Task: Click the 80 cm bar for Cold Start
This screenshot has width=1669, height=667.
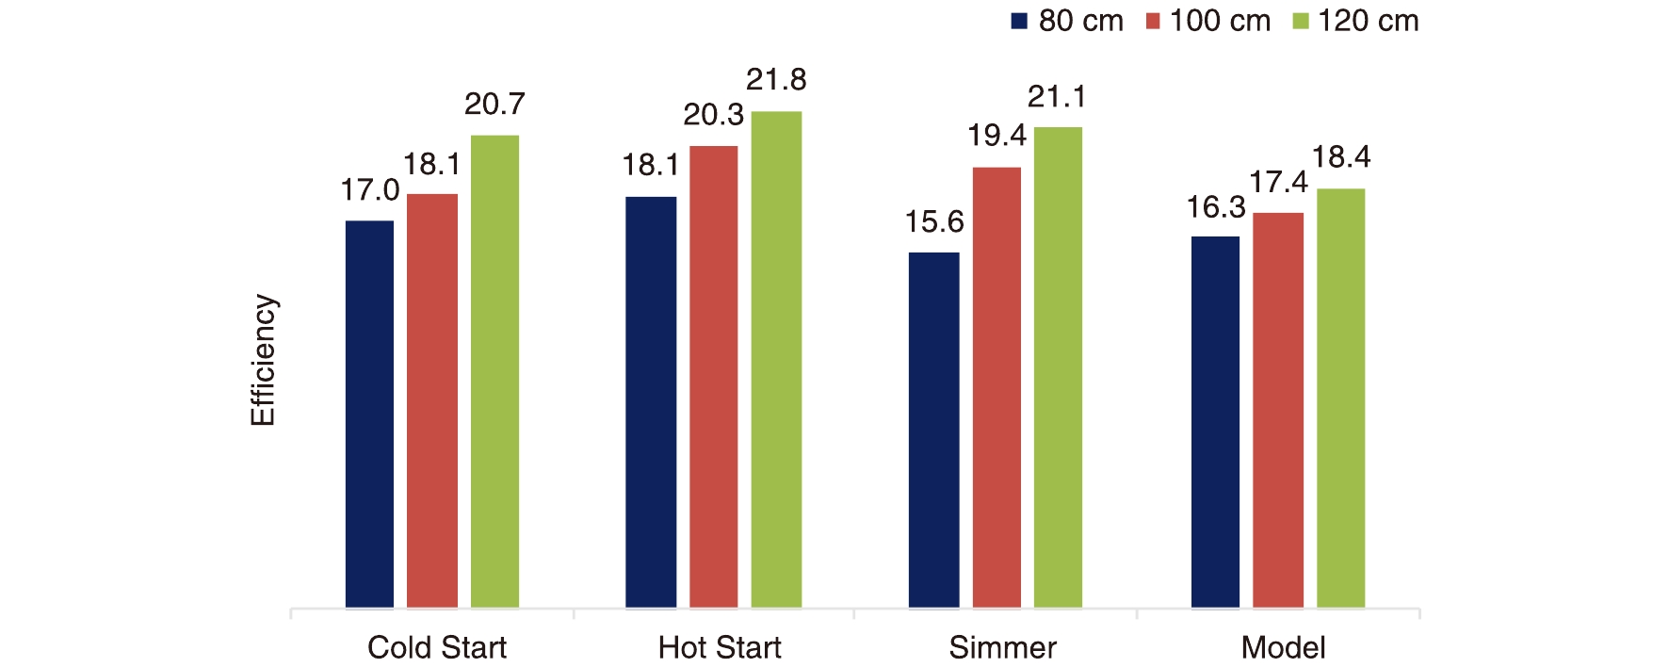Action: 369,415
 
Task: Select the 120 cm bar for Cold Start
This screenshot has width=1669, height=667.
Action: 494,371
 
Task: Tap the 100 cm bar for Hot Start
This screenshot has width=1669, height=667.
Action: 713,377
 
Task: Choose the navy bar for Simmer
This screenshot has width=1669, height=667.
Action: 933,430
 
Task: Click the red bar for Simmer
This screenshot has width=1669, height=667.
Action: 997,387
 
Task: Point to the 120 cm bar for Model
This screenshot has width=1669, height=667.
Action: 1340,398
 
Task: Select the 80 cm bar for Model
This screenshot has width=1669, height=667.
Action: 1215,422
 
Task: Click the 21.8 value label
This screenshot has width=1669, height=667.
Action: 776,80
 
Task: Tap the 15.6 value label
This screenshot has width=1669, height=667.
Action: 934,222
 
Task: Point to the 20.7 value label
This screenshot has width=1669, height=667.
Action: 494,104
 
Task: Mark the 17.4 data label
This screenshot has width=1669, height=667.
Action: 1278,182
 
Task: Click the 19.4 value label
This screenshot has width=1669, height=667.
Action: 997,137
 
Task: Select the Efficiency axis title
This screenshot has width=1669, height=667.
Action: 263,361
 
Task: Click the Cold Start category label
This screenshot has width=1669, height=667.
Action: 437,647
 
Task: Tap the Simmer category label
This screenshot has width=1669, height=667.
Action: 1002,647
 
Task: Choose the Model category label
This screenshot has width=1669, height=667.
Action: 1283,647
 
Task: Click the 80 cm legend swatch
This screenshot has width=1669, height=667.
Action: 1019,22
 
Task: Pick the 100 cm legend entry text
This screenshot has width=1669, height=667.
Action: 1220,21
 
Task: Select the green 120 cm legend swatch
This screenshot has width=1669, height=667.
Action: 1301,22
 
